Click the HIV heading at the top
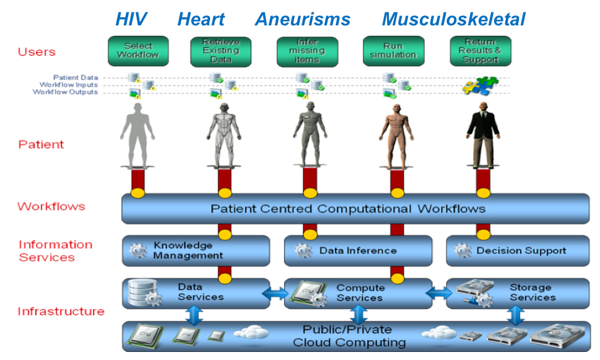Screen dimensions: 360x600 (131, 19)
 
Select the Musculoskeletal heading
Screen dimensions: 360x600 (453, 19)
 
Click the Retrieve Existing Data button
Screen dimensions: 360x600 (220, 51)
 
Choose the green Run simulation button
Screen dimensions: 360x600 (393, 51)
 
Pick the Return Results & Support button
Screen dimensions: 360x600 (480, 51)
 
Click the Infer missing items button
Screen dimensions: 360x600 (307, 51)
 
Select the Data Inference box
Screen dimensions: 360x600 (358, 251)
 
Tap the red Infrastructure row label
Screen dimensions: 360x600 (61, 311)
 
